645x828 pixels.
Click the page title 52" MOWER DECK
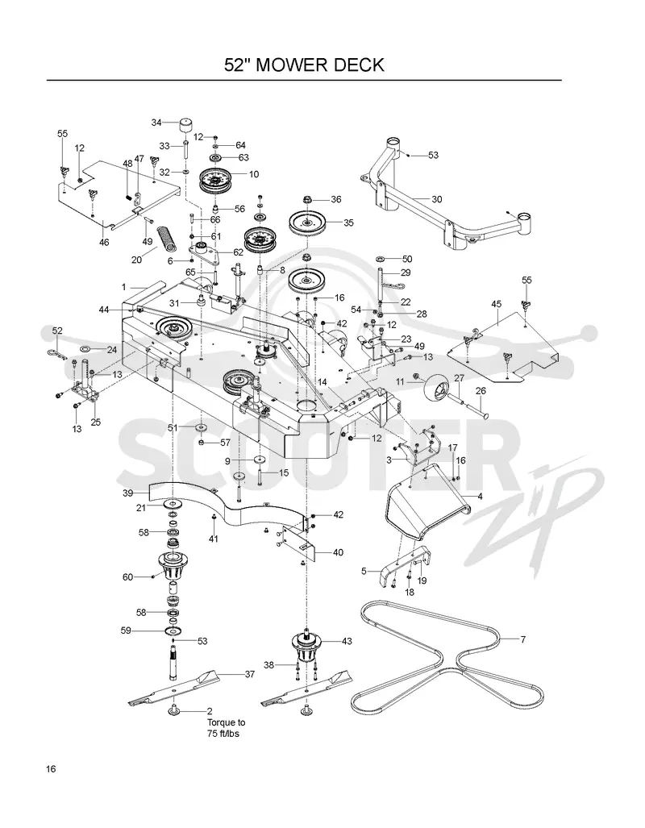tap(304, 65)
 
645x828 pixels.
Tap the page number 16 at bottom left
tap(51, 768)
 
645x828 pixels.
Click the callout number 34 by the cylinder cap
tap(156, 123)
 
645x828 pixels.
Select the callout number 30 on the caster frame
tap(436, 199)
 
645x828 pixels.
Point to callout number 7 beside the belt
tap(523, 639)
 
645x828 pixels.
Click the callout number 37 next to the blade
tap(249, 674)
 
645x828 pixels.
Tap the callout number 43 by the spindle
tap(347, 642)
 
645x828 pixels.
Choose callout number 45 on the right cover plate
tap(496, 304)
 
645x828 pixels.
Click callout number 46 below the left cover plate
tap(104, 243)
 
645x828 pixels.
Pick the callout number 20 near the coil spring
tap(137, 260)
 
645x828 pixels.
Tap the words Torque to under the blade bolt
tap(226, 722)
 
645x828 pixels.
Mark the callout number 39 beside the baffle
tap(128, 493)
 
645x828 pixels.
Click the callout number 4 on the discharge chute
tap(480, 496)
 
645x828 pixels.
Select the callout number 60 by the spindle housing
tap(128, 577)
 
